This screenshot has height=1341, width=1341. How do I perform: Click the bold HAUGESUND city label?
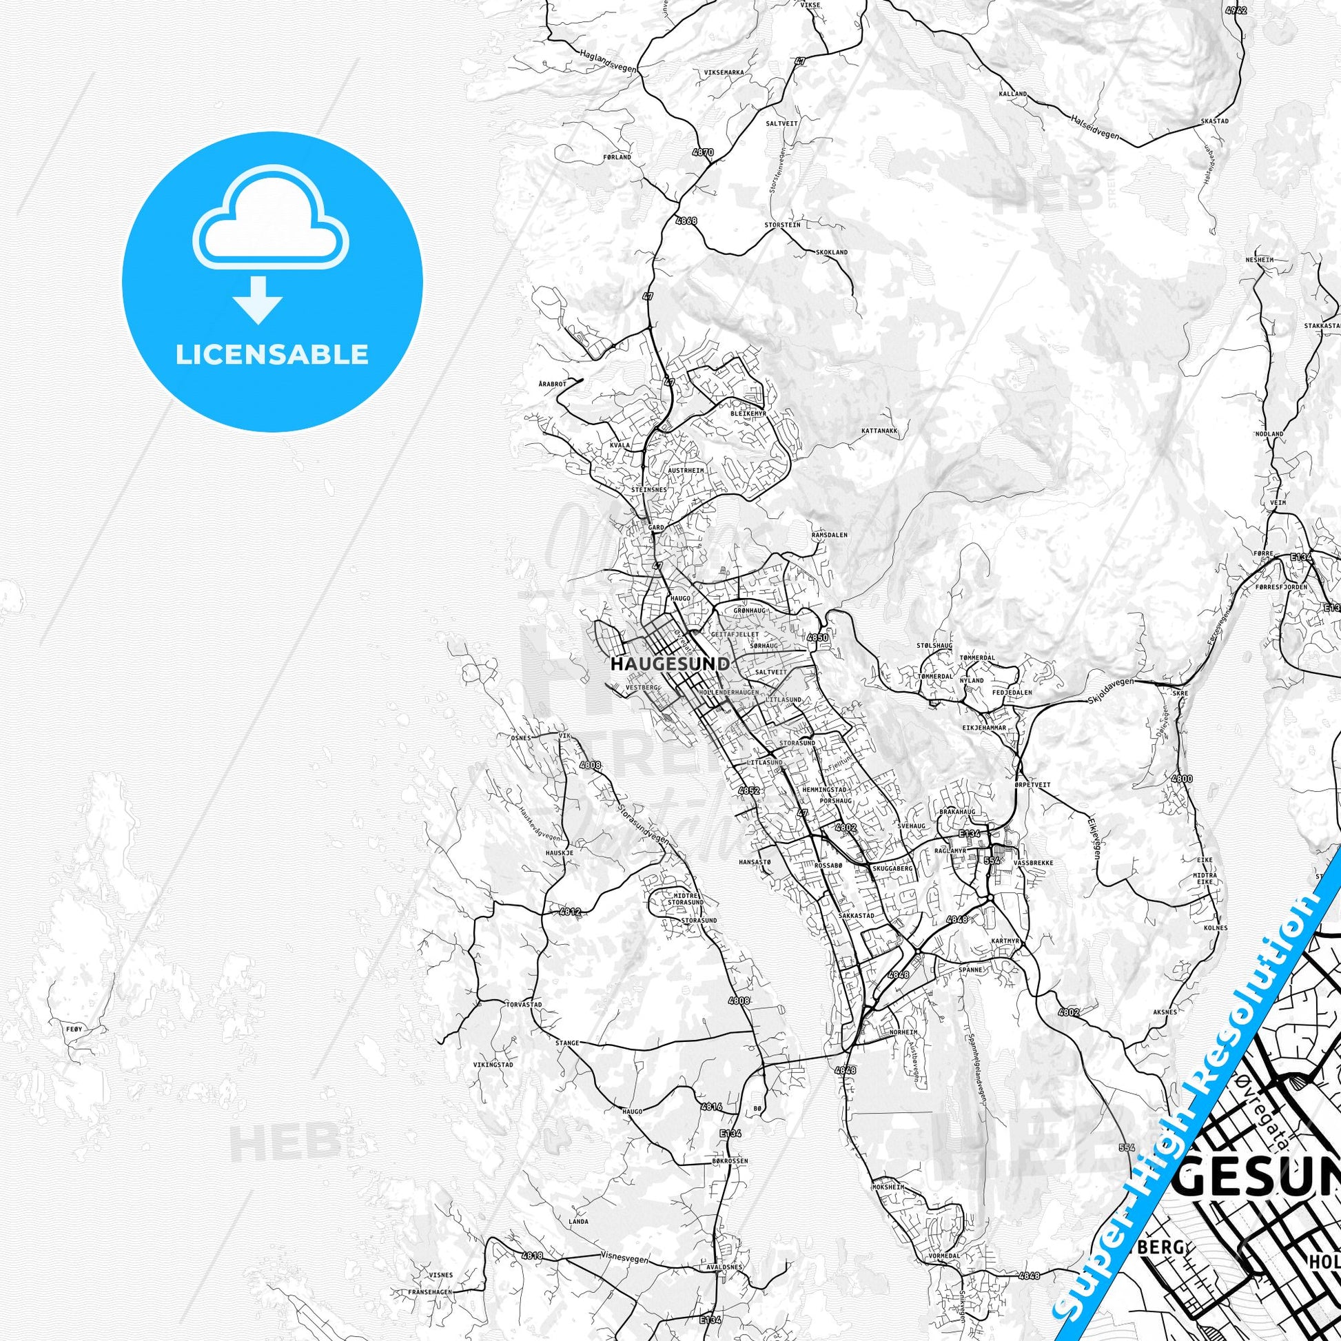click(670, 664)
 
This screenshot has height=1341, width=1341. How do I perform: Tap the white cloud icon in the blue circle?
click(272, 221)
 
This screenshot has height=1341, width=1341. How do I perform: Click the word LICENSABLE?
click(272, 354)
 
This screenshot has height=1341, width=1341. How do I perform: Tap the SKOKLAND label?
click(832, 253)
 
